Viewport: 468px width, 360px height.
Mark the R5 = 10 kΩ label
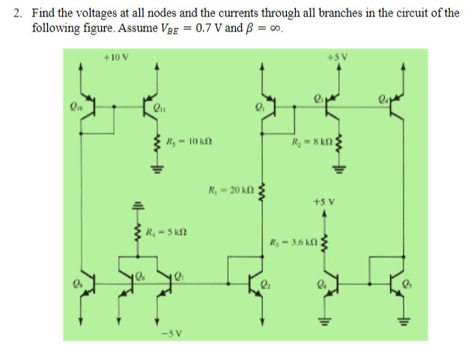pos(182,140)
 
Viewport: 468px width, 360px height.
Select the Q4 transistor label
pos(384,95)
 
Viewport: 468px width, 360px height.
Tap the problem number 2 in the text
pos(16,13)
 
